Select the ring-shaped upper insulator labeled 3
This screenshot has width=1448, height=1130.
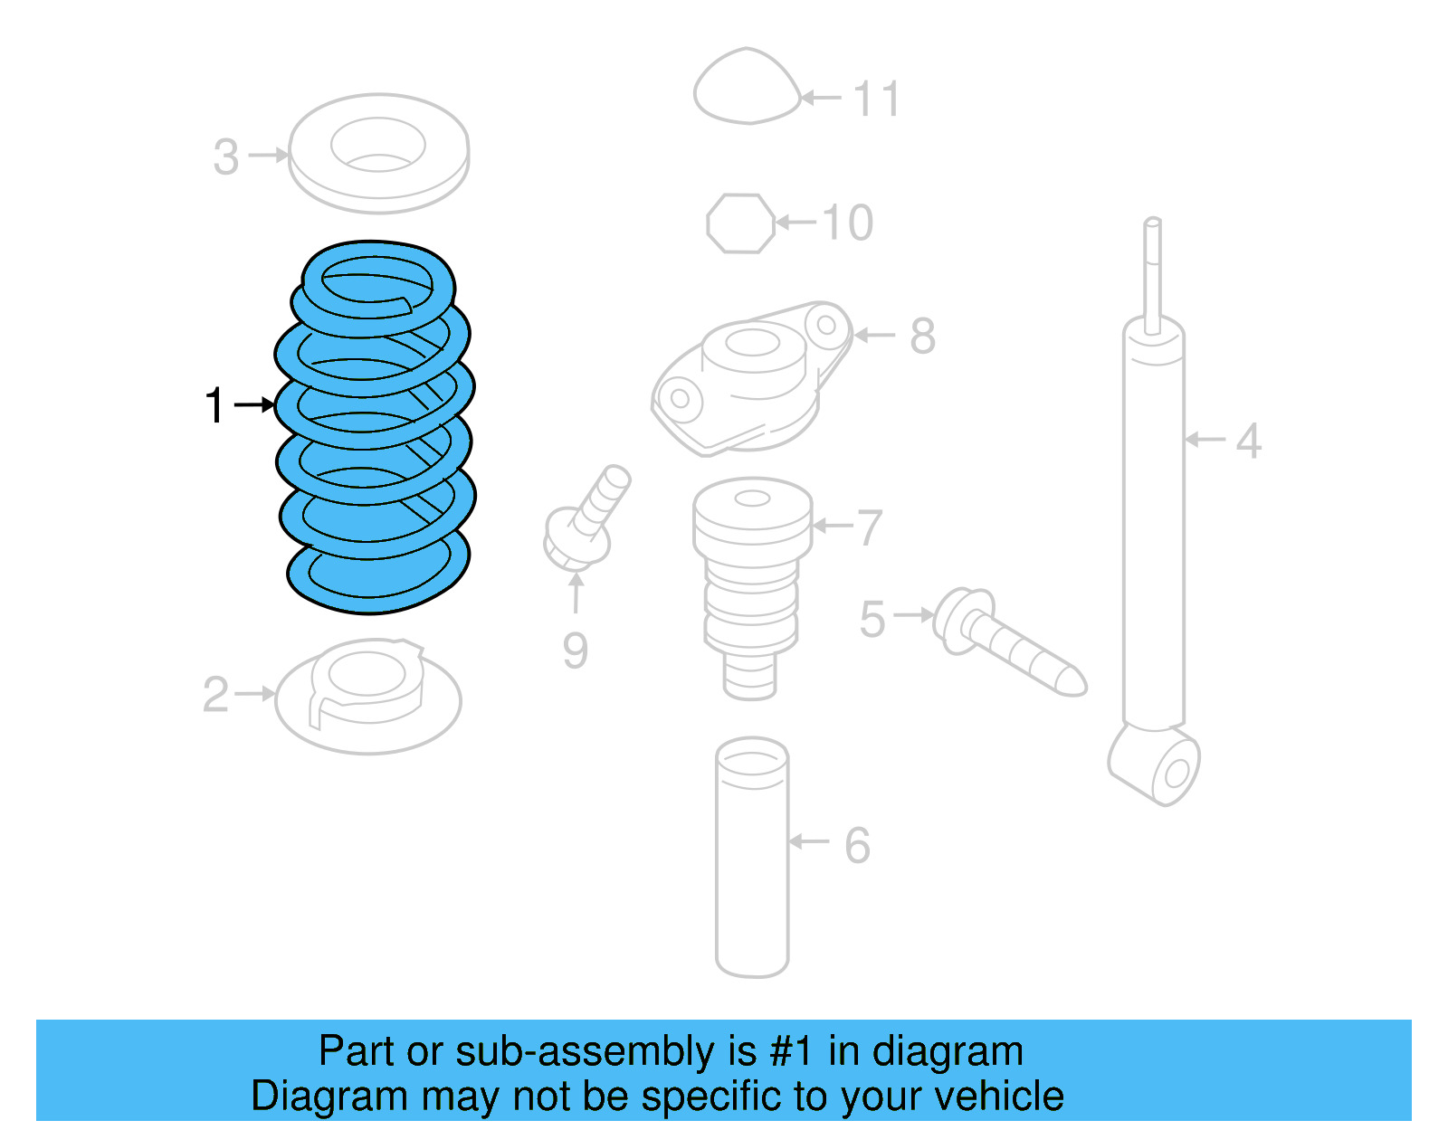(x=378, y=154)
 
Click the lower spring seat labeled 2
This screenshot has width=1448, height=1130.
(x=367, y=697)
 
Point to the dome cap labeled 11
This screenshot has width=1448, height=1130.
(x=747, y=88)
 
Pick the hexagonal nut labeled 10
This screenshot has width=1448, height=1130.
(x=740, y=223)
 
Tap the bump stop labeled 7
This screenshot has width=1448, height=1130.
(x=751, y=579)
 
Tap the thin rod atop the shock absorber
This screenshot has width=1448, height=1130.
(x=1152, y=271)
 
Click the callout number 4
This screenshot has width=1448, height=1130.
(x=1249, y=442)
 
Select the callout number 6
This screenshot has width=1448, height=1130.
(x=857, y=846)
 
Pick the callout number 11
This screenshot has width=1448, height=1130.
(x=876, y=99)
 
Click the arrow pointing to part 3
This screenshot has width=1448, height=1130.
(x=268, y=156)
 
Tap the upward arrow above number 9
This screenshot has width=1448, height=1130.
(x=576, y=593)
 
